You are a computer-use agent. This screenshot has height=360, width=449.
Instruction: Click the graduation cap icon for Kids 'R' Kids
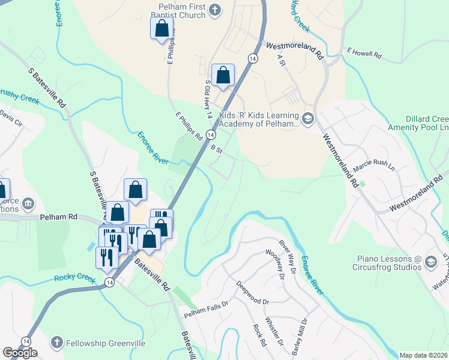(x=308, y=118)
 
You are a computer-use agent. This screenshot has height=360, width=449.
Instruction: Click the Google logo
(x=20, y=353)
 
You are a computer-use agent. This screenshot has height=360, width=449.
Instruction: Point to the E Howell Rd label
(x=364, y=54)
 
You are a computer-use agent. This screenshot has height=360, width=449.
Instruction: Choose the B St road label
(x=217, y=149)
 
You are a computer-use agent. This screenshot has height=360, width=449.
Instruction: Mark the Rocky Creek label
(x=75, y=278)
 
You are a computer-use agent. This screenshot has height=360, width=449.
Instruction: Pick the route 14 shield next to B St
(x=211, y=134)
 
